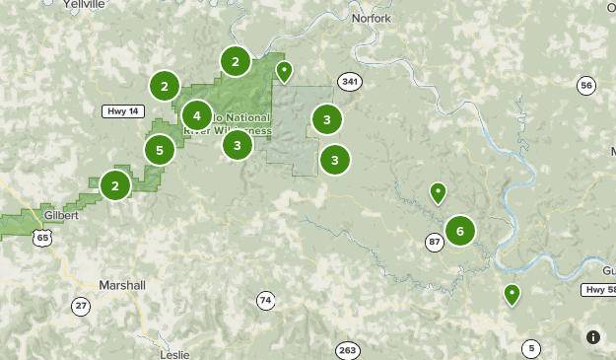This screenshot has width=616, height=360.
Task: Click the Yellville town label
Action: (82, 5)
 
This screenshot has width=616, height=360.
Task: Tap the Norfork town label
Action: (371, 19)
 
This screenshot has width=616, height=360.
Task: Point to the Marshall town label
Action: (122, 285)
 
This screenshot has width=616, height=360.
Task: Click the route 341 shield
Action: (348, 81)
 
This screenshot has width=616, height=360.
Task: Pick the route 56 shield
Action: (587, 86)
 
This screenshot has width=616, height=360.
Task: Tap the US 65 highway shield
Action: (40, 237)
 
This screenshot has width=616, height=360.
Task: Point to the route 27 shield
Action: (80, 306)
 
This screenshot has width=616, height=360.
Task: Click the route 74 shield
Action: (265, 300)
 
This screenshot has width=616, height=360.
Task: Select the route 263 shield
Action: (347, 350)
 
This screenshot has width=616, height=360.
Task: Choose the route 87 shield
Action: (435, 242)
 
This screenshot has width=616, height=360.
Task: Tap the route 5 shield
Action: (532, 348)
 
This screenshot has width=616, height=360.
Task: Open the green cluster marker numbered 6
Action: (459, 231)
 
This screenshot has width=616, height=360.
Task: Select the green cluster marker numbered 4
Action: (197, 115)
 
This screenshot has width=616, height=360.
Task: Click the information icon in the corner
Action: (592, 336)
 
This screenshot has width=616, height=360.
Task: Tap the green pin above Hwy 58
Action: (512, 294)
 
